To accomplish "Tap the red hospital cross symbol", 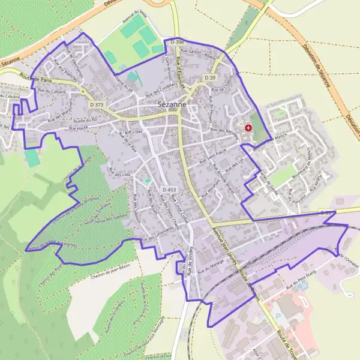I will tap(248, 128).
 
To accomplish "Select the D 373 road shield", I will tap(96, 104).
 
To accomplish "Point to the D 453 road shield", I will tap(169, 190).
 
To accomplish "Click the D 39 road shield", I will tap(209, 78).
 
